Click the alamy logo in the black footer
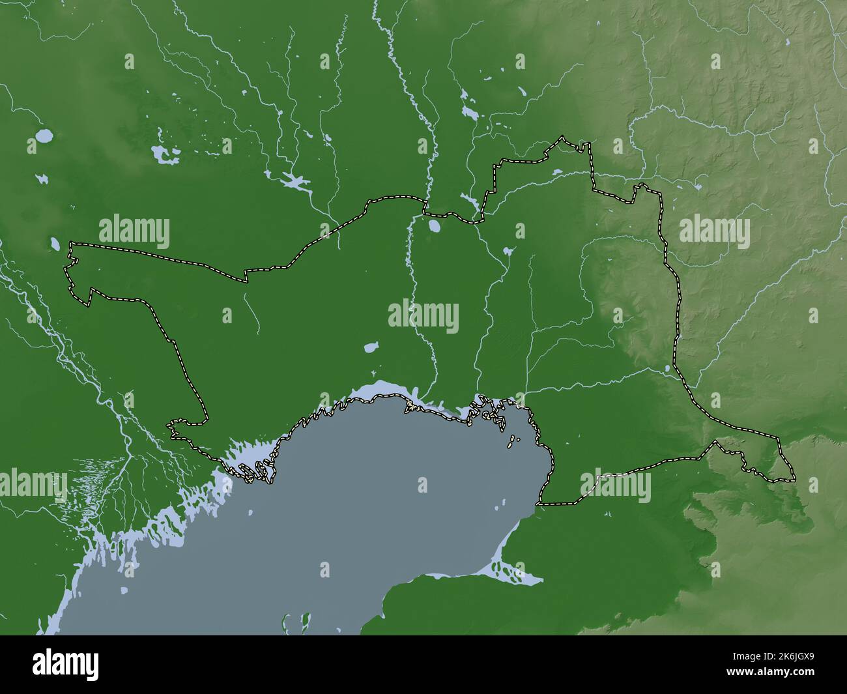coord(66,664)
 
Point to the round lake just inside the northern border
coord(433,227)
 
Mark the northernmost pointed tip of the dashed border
coord(562,137)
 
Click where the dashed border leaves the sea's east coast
coord(538,504)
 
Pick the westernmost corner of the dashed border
coord(65,267)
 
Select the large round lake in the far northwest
coord(44,136)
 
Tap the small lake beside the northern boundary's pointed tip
coord(557,173)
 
